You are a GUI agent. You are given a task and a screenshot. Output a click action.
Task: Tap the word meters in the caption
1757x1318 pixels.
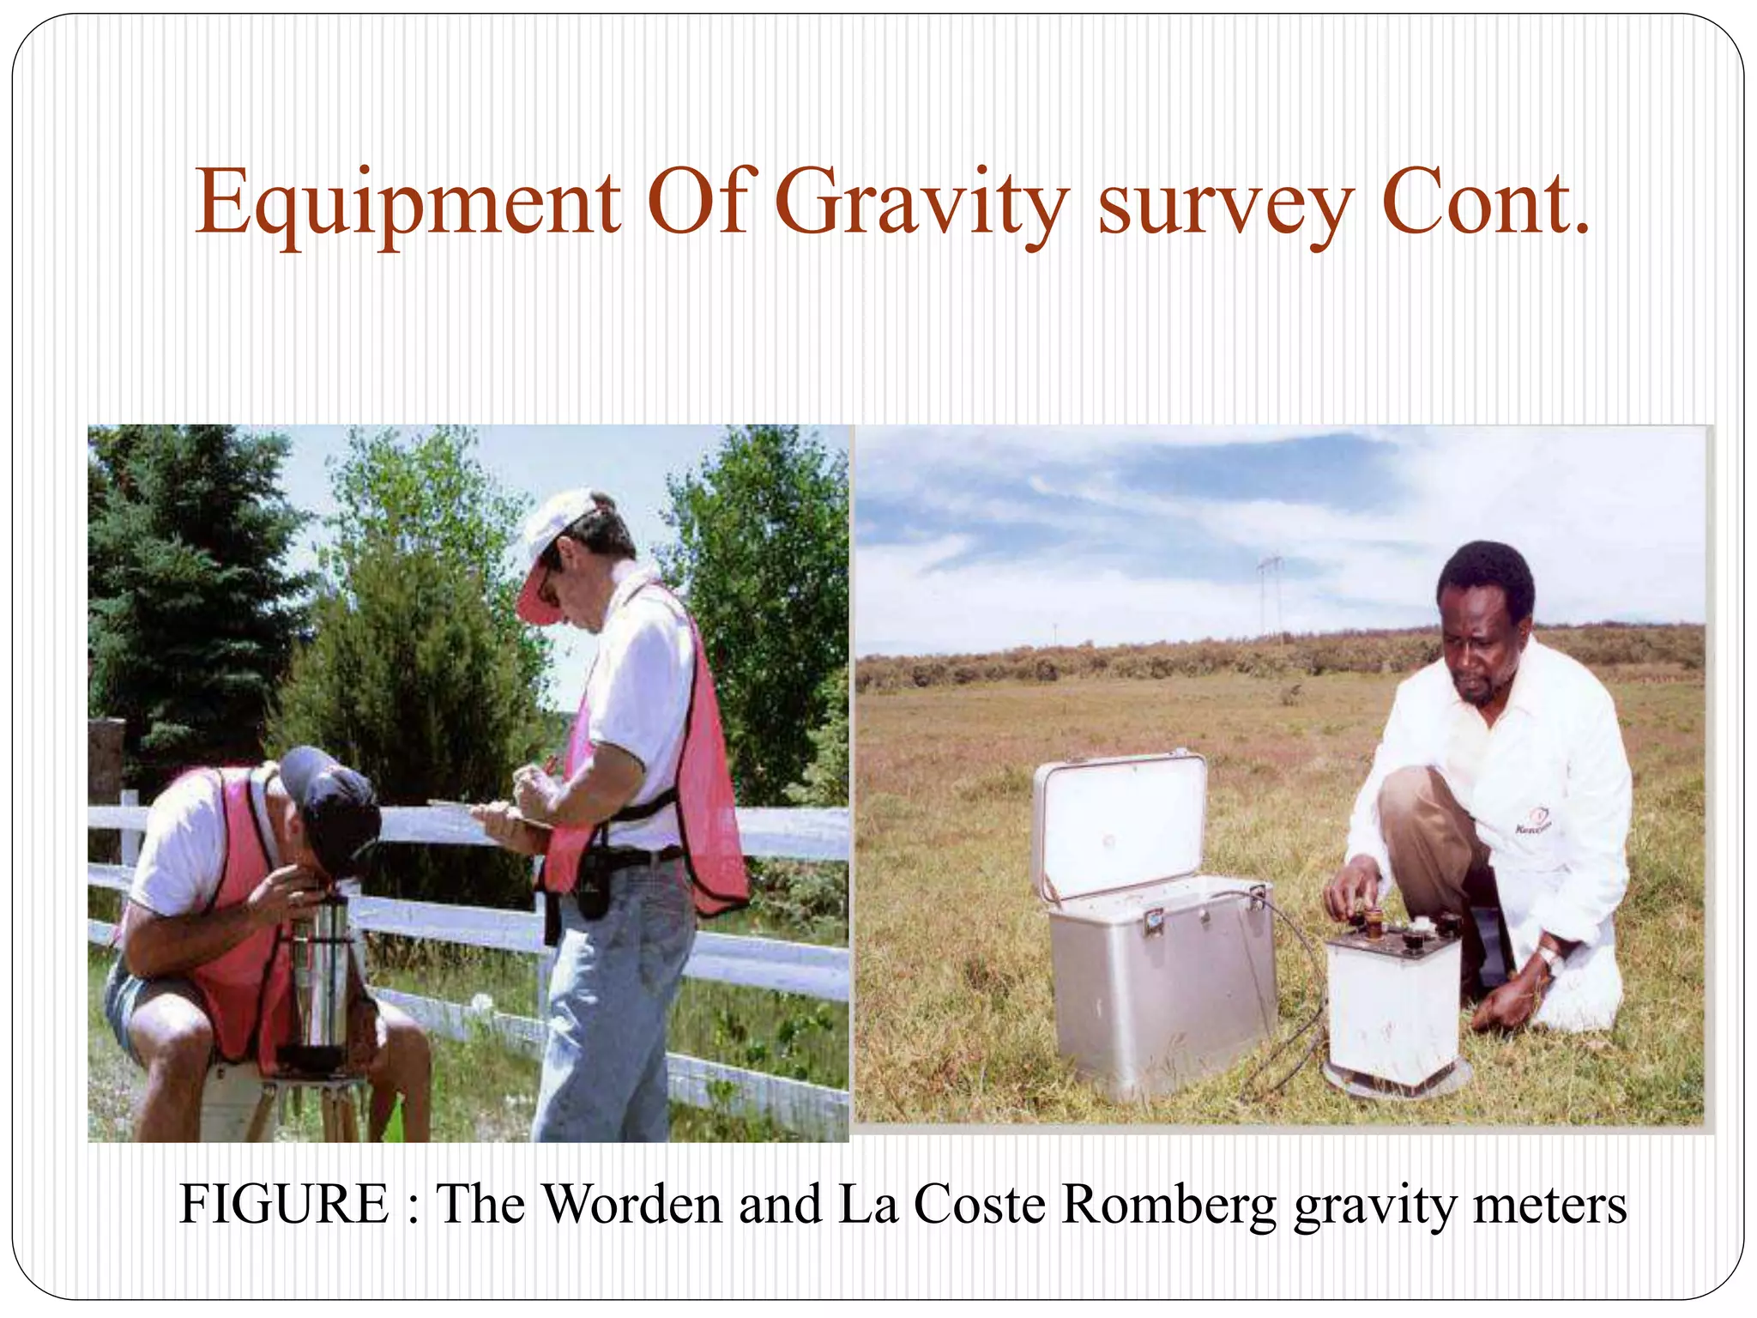point(1549,1205)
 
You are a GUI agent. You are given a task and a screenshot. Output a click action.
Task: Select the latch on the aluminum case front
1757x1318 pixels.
point(1152,922)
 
